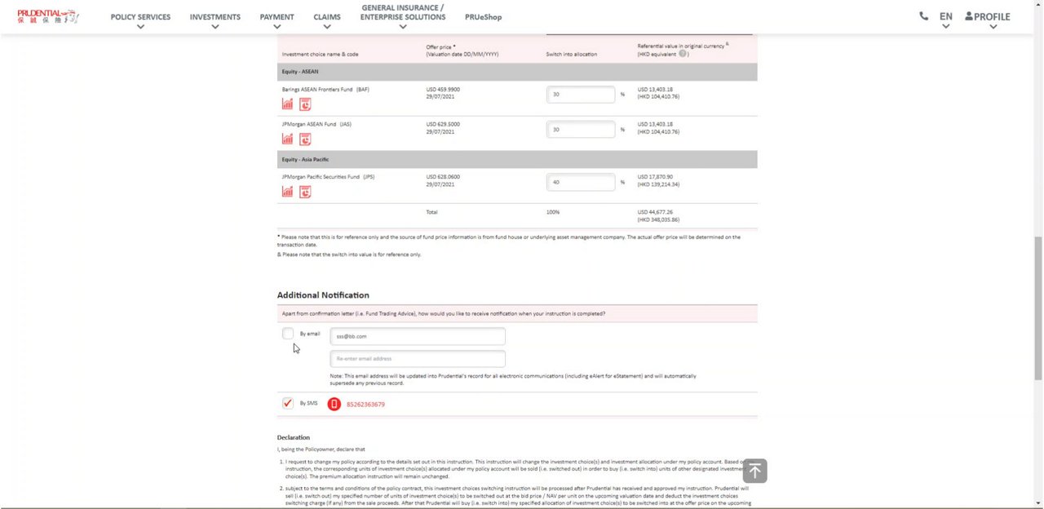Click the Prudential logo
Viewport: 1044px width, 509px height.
48,16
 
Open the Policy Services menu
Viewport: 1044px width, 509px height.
140,17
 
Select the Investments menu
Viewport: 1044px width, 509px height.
215,17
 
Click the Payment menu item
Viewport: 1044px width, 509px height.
276,17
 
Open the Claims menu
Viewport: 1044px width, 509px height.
327,17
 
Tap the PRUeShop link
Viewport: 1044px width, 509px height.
483,17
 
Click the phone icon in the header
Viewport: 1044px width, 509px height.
923,15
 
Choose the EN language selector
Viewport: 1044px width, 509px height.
945,16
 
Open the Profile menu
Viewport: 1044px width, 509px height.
987,16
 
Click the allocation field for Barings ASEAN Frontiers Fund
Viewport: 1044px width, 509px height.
581,95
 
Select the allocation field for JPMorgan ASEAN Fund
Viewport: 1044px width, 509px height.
581,130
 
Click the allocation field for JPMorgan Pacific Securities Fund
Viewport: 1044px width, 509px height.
581,182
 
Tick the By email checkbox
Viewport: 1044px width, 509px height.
288,334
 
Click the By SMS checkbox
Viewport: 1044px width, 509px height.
288,403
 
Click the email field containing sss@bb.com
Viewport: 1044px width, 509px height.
418,336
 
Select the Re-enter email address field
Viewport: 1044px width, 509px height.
418,359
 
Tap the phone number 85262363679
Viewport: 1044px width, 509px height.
365,405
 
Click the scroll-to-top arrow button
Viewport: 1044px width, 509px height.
754,471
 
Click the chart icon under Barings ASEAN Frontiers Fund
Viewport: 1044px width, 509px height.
287,104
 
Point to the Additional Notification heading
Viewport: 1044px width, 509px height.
323,295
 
